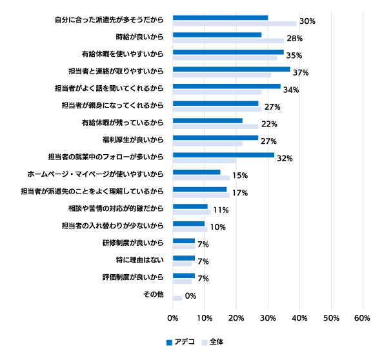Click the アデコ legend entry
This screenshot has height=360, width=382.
(181, 342)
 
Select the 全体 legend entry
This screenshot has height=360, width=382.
(212, 342)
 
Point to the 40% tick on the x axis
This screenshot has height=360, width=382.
(299, 318)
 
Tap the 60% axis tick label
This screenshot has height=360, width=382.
(362, 318)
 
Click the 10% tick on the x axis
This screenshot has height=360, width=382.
(205, 318)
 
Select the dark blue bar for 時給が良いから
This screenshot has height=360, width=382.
(217, 35)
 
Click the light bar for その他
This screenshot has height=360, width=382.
(177, 298)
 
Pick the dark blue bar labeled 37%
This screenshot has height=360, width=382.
(232, 69)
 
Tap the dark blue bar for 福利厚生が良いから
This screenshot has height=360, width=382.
(216, 138)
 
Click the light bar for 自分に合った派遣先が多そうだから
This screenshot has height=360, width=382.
(235, 24)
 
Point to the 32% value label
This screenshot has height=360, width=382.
(285, 159)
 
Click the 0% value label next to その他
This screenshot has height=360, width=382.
(190, 296)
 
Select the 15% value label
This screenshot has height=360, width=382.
(240, 175)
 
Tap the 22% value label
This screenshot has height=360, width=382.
(269, 125)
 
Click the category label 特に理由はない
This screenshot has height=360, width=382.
(140, 260)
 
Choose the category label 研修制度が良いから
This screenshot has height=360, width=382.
(133, 243)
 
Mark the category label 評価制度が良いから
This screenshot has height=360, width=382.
(133, 277)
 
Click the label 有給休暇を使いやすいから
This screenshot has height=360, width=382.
(123, 54)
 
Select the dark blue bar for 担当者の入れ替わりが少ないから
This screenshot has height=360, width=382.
(189, 224)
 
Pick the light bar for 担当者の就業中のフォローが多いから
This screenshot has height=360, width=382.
(205, 161)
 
